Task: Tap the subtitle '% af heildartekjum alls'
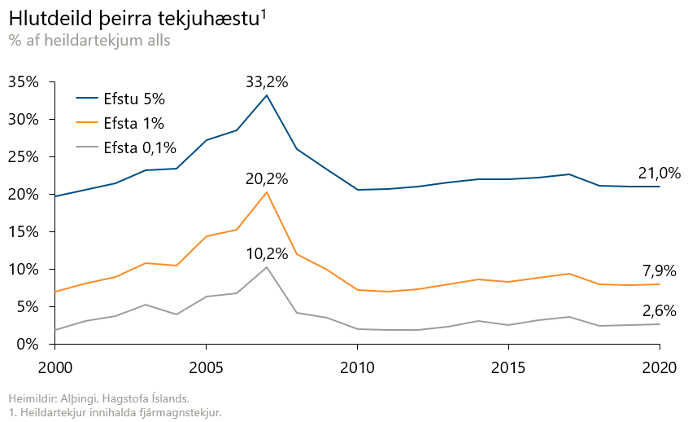89,40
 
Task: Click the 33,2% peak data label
267,81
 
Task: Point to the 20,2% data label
267,179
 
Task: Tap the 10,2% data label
267,254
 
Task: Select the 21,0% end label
659,173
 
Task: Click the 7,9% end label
659,271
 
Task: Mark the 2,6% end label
659,310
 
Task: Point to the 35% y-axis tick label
24,82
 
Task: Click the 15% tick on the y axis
24,232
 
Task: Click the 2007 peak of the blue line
267,95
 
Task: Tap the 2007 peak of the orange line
267,191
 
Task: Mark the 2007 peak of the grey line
267,267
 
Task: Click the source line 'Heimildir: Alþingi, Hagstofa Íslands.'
98,398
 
